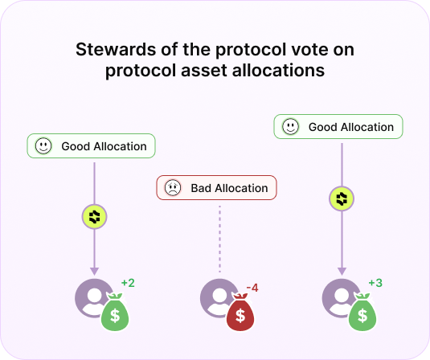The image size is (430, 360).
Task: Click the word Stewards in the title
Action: click(117, 50)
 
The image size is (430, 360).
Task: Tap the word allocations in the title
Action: click(278, 70)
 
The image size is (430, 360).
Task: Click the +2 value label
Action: click(128, 283)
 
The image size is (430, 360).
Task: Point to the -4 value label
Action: click(252, 288)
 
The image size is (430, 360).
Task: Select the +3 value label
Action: click(375, 283)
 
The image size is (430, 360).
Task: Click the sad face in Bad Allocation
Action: click(173, 188)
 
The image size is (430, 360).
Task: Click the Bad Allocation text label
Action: click(229, 188)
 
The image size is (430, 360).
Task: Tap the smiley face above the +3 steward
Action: click(291, 127)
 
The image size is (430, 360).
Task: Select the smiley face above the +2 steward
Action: click(43, 146)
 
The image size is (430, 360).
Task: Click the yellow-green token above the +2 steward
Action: click(94, 217)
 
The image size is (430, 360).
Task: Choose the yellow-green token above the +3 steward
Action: click(342, 198)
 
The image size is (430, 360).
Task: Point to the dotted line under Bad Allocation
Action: click(219, 239)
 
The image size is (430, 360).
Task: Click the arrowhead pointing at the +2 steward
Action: click(94, 271)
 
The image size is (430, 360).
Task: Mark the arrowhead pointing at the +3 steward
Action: click(342, 271)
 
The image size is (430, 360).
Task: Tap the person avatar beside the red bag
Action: click(217, 298)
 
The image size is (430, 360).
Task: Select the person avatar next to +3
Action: click(339, 298)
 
